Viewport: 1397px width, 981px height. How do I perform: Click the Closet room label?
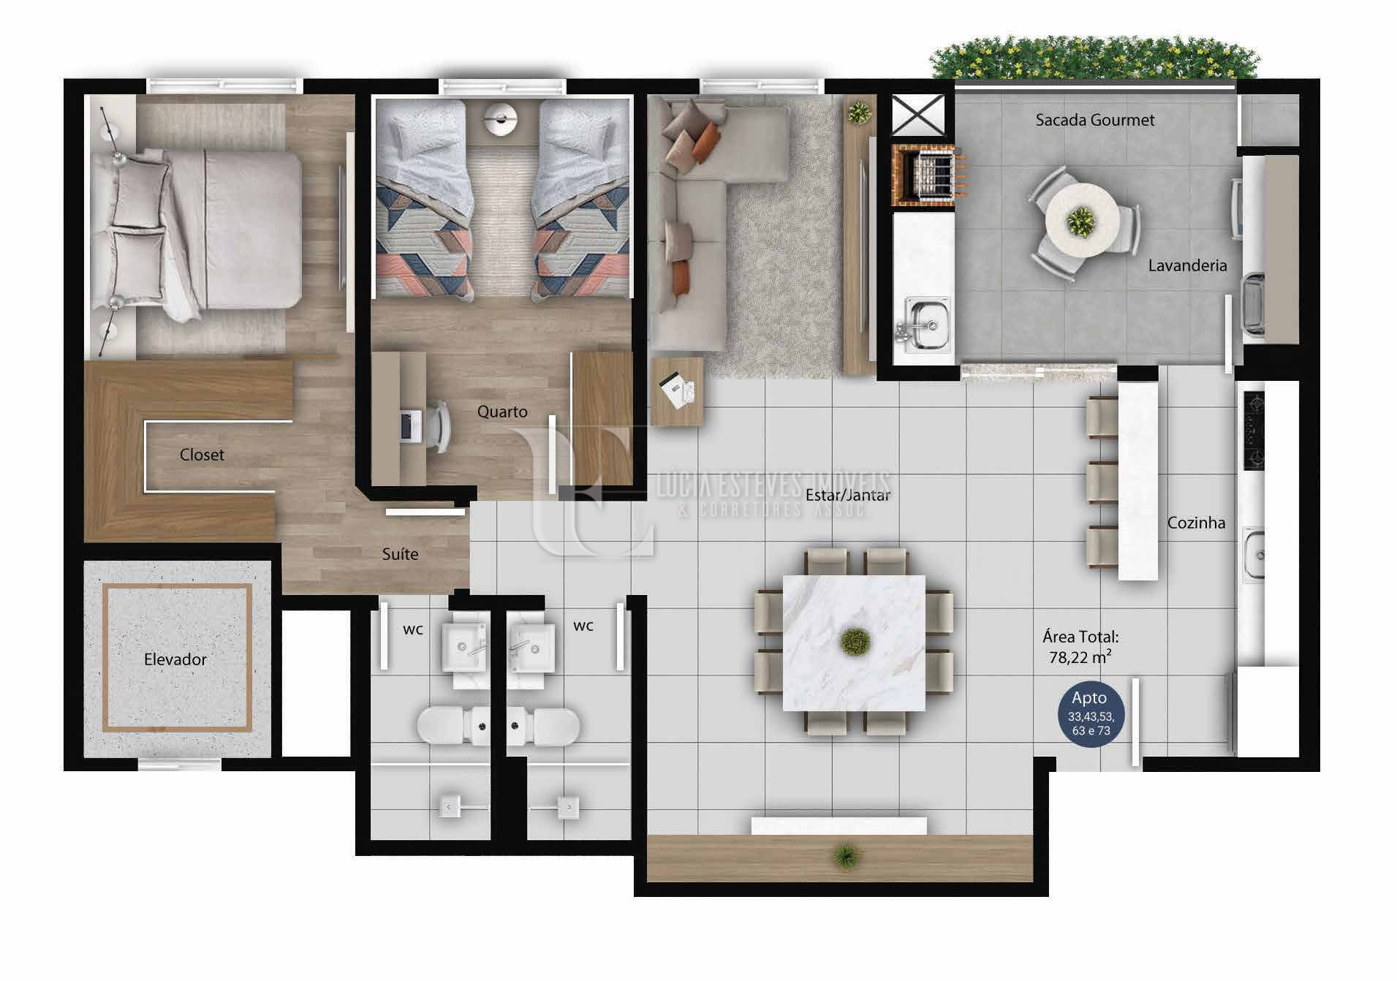coord(202,455)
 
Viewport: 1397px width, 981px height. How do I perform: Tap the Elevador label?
coord(175,659)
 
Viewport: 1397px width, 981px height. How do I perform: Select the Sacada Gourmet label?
coord(1095,120)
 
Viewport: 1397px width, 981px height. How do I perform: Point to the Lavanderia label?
coord(1187,265)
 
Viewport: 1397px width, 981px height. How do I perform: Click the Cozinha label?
coord(1196,523)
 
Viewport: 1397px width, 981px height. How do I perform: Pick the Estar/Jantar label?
coord(848,495)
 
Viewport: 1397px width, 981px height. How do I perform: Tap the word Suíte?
coord(400,554)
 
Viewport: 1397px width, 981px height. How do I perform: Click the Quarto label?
coord(502,412)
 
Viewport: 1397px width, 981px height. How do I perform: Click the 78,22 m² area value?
coord(1080,656)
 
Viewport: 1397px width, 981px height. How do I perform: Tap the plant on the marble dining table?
coord(854,642)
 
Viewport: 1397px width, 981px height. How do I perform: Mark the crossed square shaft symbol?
coord(919,115)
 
